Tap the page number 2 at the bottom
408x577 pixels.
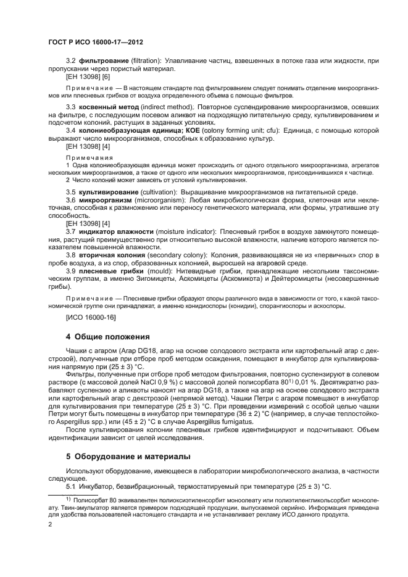[x=50, y=525]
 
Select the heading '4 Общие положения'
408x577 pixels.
[x=108, y=336]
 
